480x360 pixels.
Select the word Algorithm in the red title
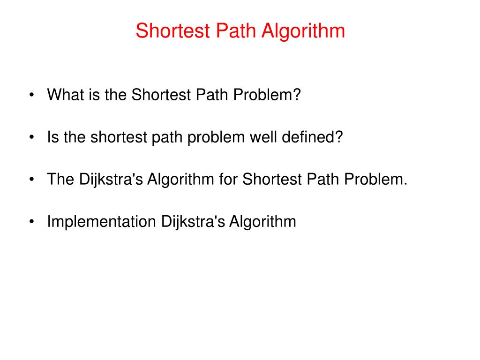point(303,31)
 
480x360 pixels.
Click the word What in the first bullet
point(63,95)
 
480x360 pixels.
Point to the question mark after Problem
point(296,95)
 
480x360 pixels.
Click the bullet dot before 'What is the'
point(31,96)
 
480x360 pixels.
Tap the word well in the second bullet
point(263,137)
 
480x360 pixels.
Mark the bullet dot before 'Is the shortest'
point(31,138)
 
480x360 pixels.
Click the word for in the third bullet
point(229,180)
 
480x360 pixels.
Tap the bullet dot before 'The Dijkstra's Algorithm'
point(31,180)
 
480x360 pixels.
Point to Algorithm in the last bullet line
point(262,222)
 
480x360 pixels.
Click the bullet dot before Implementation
point(31,222)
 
